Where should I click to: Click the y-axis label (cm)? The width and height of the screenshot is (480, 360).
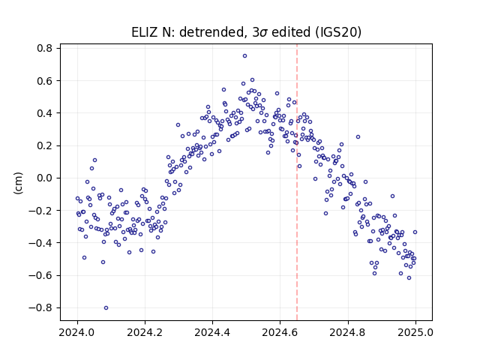pyautogui.click(x=18, y=183)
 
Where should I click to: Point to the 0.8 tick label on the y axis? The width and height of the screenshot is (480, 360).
pyautogui.click(x=45, y=48)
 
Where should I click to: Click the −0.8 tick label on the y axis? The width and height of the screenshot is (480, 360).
pyautogui.click(x=40, y=307)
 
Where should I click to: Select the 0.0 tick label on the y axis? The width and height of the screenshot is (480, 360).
pyautogui.click(x=45, y=178)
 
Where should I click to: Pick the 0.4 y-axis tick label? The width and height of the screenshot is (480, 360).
pyautogui.click(x=45, y=113)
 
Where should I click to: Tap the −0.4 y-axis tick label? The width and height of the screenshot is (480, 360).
pyautogui.click(x=40, y=243)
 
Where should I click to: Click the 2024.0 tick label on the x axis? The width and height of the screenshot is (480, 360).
pyautogui.click(x=77, y=332)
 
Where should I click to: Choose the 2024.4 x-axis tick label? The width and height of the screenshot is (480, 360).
pyautogui.click(x=212, y=332)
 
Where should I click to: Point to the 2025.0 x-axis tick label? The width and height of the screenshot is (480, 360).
pyautogui.click(x=415, y=332)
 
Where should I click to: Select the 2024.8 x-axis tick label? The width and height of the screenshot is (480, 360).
pyautogui.click(x=348, y=332)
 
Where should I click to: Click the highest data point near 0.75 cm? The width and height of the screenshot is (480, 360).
pyautogui.click(x=244, y=56)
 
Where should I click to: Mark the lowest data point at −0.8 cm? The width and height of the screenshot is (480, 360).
pyautogui.click(x=106, y=308)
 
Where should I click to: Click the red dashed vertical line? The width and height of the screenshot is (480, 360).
pyautogui.click(x=297, y=182)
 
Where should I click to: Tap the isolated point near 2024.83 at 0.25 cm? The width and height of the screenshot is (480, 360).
pyautogui.click(x=358, y=136)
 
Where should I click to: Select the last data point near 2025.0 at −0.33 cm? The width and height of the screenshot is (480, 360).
pyautogui.click(x=415, y=232)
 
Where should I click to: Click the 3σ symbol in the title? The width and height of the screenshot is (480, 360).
pyautogui.click(x=260, y=32)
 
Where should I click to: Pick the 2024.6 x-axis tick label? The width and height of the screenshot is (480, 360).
pyautogui.click(x=280, y=332)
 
